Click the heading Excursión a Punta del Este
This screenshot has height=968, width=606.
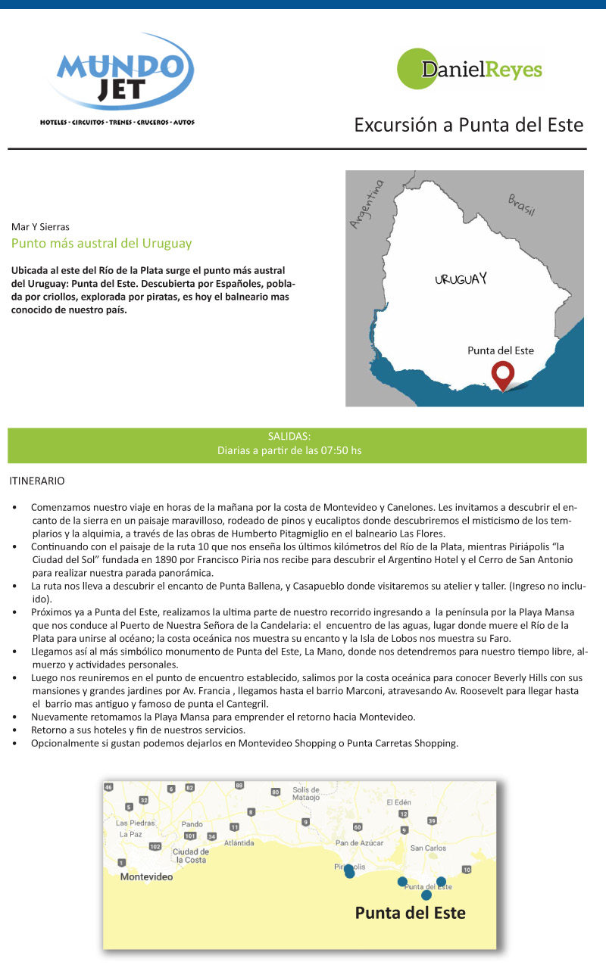[x=469, y=125]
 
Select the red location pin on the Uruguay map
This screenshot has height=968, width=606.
[x=501, y=375]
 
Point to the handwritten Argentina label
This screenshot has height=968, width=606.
[x=367, y=203]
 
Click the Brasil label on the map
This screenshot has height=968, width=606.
[x=522, y=204]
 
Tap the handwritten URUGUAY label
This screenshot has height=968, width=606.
[x=461, y=279]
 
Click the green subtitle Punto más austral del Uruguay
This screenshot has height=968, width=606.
[x=102, y=244]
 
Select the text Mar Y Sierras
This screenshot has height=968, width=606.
[x=40, y=226]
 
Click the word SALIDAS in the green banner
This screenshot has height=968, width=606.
[x=289, y=437]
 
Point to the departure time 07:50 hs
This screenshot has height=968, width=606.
[x=342, y=451]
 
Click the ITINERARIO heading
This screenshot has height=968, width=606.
[x=37, y=481]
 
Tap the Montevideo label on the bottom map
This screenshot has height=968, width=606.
[x=146, y=877]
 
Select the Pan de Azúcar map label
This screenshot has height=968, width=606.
[x=359, y=842]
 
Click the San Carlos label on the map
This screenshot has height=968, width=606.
[x=428, y=848]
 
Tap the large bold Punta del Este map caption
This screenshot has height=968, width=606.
[x=410, y=913]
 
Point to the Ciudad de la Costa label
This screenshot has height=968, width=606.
[x=190, y=855]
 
